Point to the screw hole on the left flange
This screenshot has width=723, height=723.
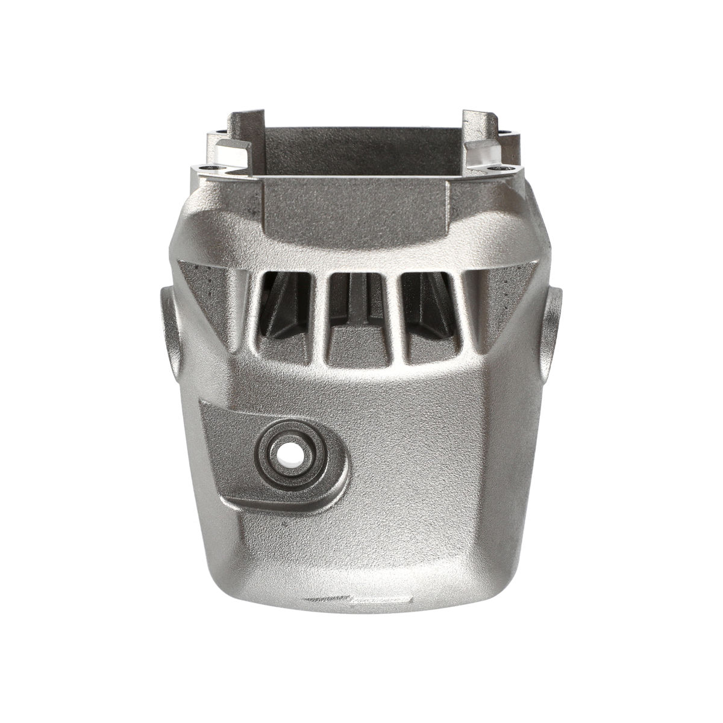[x=207, y=169]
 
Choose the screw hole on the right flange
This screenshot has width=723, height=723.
[x=499, y=169]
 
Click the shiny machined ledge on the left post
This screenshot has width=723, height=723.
[x=233, y=151]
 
